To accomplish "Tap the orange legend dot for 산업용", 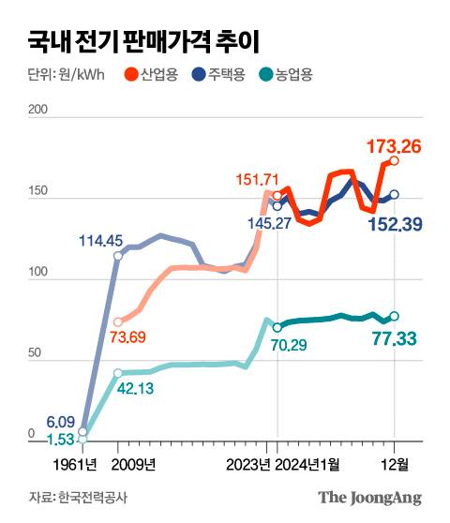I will tap(131, 74).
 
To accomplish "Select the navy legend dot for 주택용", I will tap(199, 74).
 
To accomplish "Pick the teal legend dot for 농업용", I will tap(266, 74).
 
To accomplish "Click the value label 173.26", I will tap(397, 145).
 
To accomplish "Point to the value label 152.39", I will tap(397, 225).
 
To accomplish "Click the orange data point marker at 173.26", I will tap(395, 161).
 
